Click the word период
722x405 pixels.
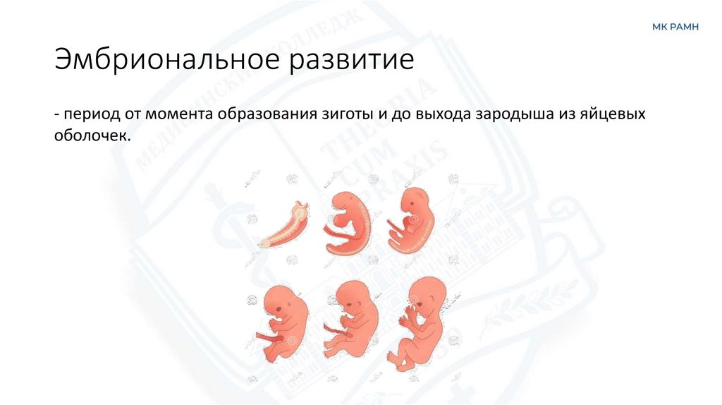tap(93, 114)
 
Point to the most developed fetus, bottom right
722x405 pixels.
tap(421, 321)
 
